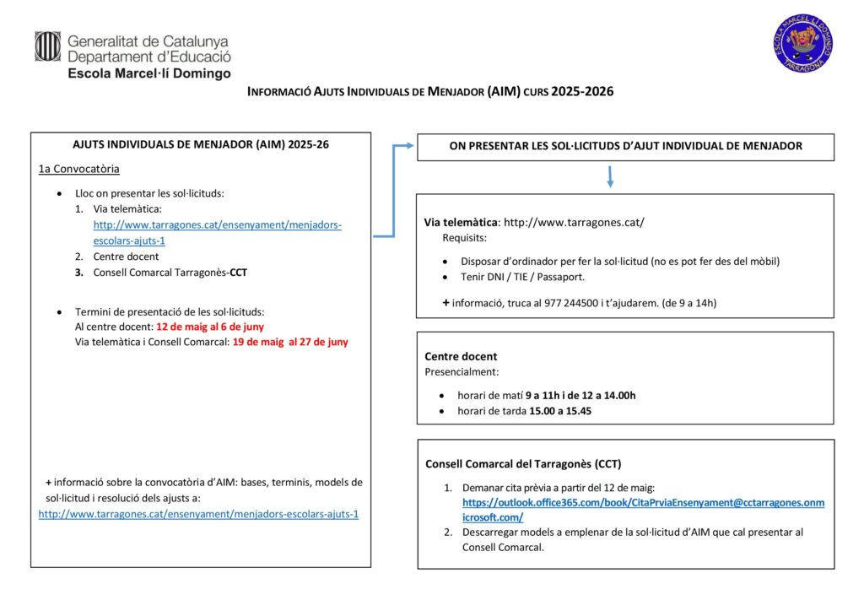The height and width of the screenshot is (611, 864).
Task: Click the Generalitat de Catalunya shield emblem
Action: click(x=47, y=46)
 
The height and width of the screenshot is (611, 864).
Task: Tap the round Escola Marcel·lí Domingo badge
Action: click(x=802, y=44)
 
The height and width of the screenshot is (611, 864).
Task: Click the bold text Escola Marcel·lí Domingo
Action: click(x=148, y=73)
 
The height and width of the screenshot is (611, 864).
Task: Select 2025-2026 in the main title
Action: click(x=582, y=91)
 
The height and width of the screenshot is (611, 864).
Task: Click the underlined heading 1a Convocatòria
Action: click(x=78, y=169)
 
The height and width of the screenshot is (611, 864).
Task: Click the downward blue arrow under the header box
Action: click(x=609, y=176)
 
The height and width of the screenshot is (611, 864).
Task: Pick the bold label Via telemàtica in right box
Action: click(x=460, y=222)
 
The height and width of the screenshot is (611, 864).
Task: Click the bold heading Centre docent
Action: click(x=461, y=356)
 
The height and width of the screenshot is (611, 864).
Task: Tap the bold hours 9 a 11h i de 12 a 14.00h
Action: click(x=580, y=395)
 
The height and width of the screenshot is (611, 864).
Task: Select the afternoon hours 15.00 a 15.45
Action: click(x=560, y=411)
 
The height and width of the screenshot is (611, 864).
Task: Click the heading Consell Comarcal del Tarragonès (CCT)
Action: click(x=523, y=463)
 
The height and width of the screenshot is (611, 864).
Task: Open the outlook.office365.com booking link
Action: click(x=643, y=502)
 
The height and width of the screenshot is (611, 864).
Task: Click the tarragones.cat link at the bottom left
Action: click(x=198, y=513)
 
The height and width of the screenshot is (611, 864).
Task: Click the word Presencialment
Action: click(x=461, y=370)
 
